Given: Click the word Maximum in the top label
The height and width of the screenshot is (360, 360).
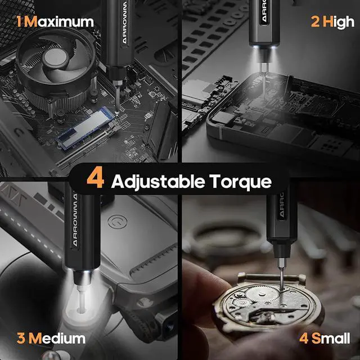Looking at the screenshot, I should [x=60, y=22].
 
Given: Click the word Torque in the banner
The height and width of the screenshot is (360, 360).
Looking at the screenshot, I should [x=238, y=181].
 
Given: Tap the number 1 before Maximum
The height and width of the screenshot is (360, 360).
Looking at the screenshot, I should [x=19, y=22].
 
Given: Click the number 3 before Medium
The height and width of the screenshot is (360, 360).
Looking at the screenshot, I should [x=20, y=339].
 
